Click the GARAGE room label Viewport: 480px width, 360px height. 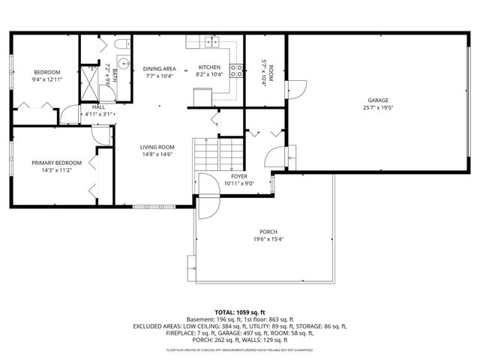tap(378, 100)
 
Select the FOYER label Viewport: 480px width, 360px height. tap(239, 175)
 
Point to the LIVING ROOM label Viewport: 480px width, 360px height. tap(157, 147)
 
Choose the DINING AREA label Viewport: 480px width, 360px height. tap(159, 68)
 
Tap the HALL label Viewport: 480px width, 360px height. tap(98, 107)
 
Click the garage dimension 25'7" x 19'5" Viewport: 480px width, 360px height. tap(378, 107)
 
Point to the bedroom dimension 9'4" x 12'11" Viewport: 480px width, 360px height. tap(46, 79)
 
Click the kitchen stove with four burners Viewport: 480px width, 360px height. tap(237, 72)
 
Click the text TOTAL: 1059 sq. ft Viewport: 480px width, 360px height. tap(240, 312)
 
